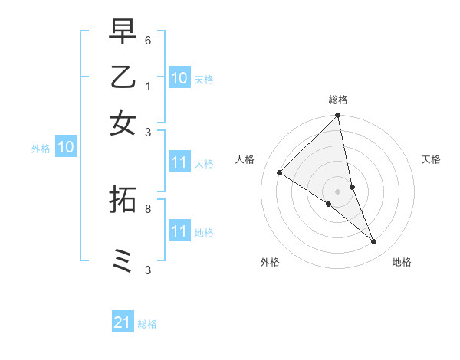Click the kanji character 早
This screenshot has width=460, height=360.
click(x=123, y=33)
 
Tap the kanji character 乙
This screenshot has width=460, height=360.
click(x=123, y=77)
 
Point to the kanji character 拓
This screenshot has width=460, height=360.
click(x=123, y=198)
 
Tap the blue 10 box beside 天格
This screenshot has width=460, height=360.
click(x=179, y=78)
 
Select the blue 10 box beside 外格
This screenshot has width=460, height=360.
click(x=66, y=147)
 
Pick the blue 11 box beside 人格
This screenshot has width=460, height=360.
click(x=179, y=162)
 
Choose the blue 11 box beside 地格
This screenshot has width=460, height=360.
click(x=179, y=231)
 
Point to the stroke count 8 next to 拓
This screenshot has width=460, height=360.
click(x=148, y=208)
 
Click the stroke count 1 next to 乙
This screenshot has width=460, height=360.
click(x=148, y=87)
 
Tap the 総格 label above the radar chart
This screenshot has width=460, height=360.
click(x=338, y=100)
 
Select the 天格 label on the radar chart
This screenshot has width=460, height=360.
click(x=431, y=159)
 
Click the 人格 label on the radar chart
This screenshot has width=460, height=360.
click(x=245, y=159)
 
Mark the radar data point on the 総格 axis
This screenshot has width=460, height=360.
click(x=338, y=116)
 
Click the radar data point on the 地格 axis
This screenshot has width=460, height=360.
click(x=374, y=241)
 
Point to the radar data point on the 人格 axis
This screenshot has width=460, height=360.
click(x=279, y=173)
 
